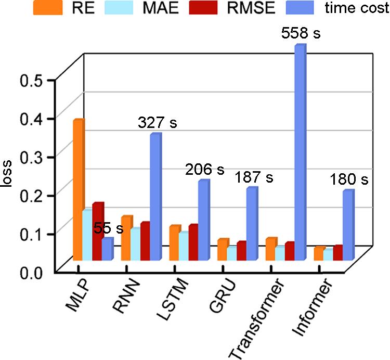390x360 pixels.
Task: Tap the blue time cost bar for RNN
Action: pos(155,198)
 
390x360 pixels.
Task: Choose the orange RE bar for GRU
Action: pos(223,250)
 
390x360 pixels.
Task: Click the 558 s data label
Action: pos(300,34)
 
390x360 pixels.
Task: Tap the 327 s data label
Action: pos(157,123)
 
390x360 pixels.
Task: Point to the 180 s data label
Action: pos(348,180)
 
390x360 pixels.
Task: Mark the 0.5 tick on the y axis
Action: pos(32,81)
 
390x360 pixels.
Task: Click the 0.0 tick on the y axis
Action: pos(32,271)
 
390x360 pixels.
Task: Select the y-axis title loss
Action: pos(9,175)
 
